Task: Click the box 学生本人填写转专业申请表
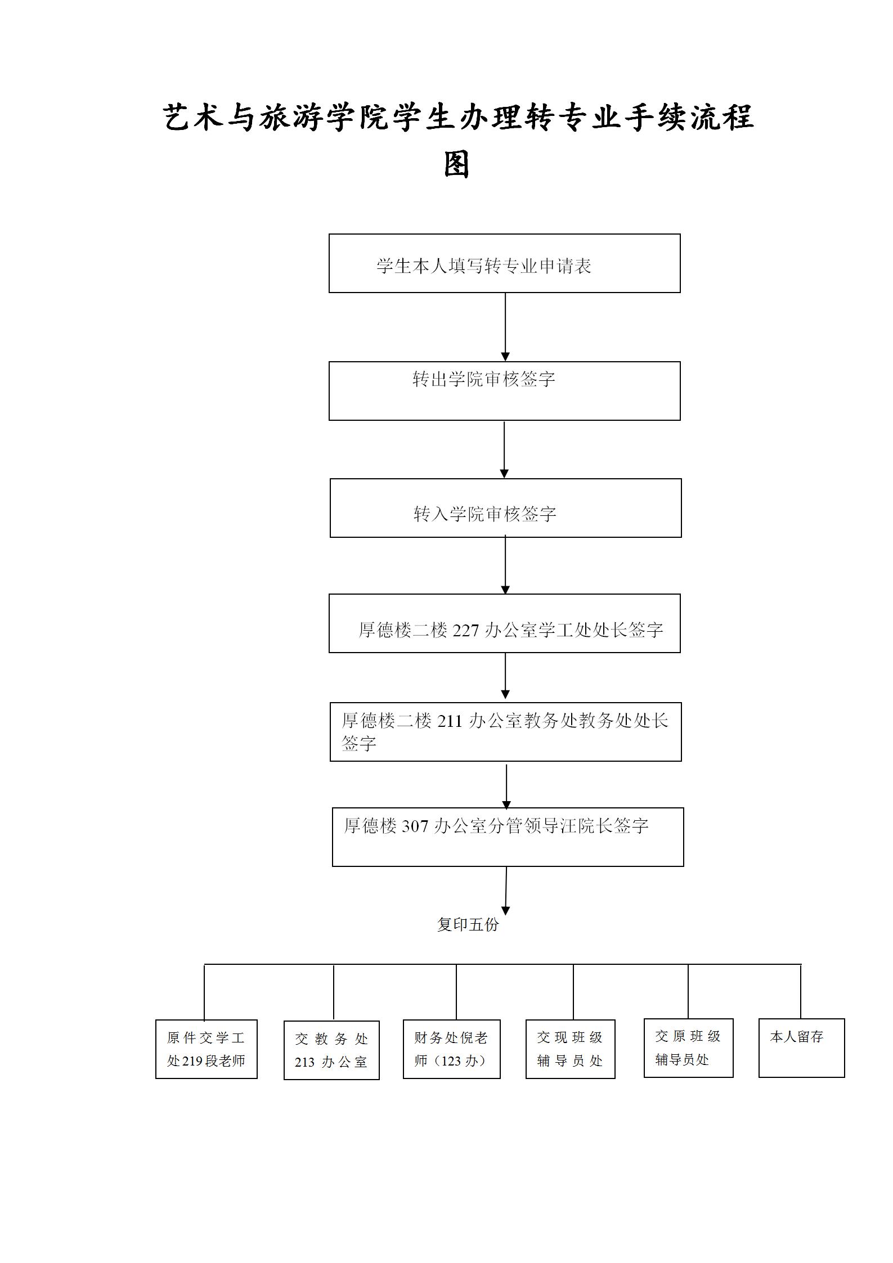click(x=504, y=263)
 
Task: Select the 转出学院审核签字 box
click(x=504, y=391)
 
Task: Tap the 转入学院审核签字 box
click(x=505, y=508)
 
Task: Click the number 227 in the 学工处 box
click(x=465, y=631)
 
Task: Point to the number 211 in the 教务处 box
click(x=449, y=721)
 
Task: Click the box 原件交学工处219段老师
click(x=206, y=1049)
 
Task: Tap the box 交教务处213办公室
click(x=331, y=1050)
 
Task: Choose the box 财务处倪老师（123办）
click(x=451, y=1049)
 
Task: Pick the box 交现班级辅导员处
click(x=570, y=1049)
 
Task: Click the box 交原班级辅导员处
click(x=688, y=1048)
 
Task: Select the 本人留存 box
click(x=801, y=1048)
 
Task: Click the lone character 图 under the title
click(x=456, y=165)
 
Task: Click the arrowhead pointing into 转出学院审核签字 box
click(x=505, y=357)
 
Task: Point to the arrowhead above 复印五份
click(x=505, y=910)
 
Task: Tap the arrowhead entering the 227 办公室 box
click(x=505, y=590)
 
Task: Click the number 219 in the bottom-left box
click(x=192, y=1061)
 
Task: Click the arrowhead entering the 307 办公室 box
click(x=506, y=804)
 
